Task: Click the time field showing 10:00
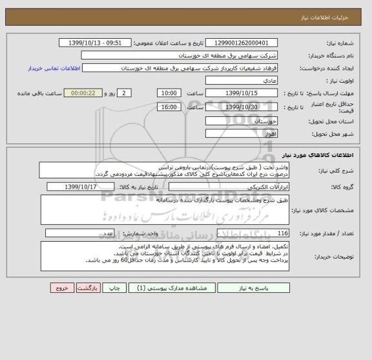169,94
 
